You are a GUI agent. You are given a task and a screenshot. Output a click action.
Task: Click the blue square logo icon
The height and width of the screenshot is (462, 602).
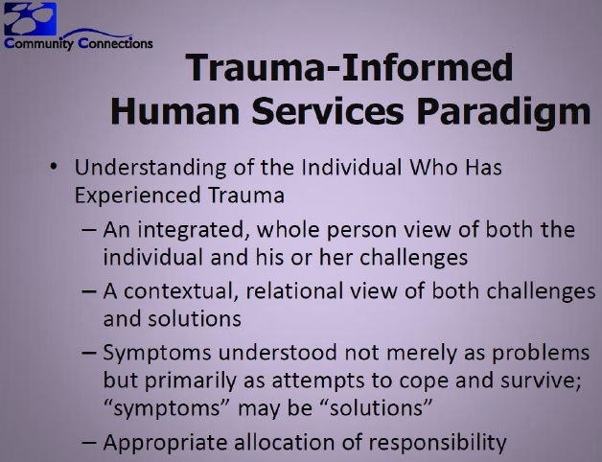tap(30, 18)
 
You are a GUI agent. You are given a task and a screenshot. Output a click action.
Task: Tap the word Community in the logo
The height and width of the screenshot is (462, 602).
tap(38, 43)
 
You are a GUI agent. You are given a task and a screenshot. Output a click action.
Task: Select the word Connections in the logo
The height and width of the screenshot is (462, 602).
tap(115, 42)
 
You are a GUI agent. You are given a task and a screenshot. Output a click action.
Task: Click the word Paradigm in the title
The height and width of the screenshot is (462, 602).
tap(503, 110)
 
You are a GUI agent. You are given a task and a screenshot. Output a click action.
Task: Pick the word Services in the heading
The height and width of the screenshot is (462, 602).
tap(328, 110)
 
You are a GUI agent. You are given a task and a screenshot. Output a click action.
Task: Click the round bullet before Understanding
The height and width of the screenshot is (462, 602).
tap(54, 168)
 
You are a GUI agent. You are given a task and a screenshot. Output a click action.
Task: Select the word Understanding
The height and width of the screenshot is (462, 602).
tap(150, 168)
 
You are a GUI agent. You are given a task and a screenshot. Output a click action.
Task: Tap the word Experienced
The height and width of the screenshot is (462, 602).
tap(137, 196)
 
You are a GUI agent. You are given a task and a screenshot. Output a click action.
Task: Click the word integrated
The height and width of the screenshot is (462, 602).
tap(191, 230)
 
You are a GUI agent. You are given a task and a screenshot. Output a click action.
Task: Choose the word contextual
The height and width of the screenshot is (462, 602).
tap(178, 291)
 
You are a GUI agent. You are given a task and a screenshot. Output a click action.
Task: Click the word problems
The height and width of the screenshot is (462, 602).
tap(541, 354)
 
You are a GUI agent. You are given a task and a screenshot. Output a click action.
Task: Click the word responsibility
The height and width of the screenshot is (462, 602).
tap(438, 443)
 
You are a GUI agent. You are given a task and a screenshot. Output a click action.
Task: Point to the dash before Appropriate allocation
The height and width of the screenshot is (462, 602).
tap(89, 443)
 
